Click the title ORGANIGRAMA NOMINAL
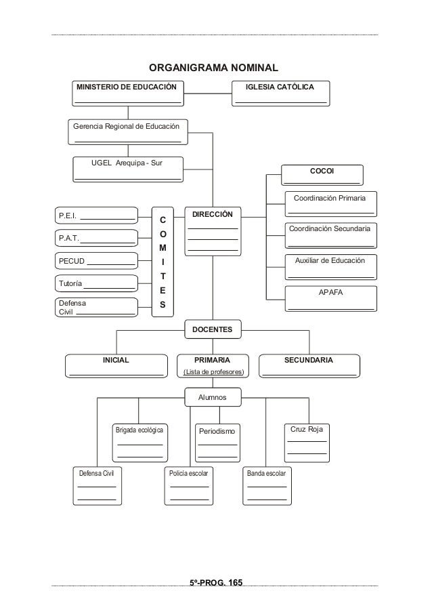coord(213,68)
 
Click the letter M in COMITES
coord(163,248)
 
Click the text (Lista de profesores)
coord(214,372)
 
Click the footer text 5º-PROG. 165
coord(216,582)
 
